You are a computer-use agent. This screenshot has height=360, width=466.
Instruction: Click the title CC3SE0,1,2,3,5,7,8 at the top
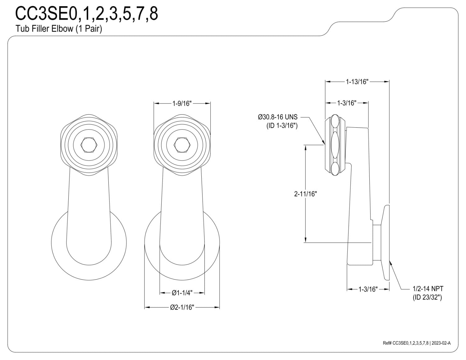pyautogui.click(x=86, y=14)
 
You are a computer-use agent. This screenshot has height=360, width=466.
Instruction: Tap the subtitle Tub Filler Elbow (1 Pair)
pyautogui.click(x=58, y=29)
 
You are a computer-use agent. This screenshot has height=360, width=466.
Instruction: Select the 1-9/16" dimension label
pyautogui.click(x=182, y=103)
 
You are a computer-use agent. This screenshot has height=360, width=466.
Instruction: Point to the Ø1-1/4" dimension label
pyautogui.click(x=182, y=293)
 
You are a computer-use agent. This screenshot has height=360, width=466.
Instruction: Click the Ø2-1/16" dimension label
pyautogui.click(x=182, y=307)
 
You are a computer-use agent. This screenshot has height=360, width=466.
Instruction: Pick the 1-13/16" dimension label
pyautogui.click(x=357, y=82)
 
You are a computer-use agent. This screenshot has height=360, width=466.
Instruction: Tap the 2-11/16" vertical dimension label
pyautogui.click(x=305, y=194)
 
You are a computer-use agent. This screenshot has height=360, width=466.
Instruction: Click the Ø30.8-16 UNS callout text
pyautogui.click(x=278, y=117)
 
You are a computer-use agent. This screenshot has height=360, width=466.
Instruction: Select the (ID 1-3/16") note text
pyautogui.click(x=282, y=125)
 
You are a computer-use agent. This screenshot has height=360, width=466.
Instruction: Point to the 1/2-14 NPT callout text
pyautogui.click(x=428, y=289)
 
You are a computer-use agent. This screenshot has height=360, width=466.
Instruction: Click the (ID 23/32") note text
pyautogui.click(x=427, y=297)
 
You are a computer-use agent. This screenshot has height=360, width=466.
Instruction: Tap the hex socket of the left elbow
pyautogui.click(x=89, y=145)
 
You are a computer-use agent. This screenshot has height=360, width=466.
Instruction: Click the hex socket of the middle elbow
pyautogui.click(x=182, y=145)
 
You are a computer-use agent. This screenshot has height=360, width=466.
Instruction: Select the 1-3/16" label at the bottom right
pyautogui.click(x=368, y=289)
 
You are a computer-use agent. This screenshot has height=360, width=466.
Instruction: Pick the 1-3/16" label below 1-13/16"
pyautogui.click(x=347, y=103)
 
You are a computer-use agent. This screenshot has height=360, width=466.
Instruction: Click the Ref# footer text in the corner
pyautogui.click(x=417, y=343)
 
